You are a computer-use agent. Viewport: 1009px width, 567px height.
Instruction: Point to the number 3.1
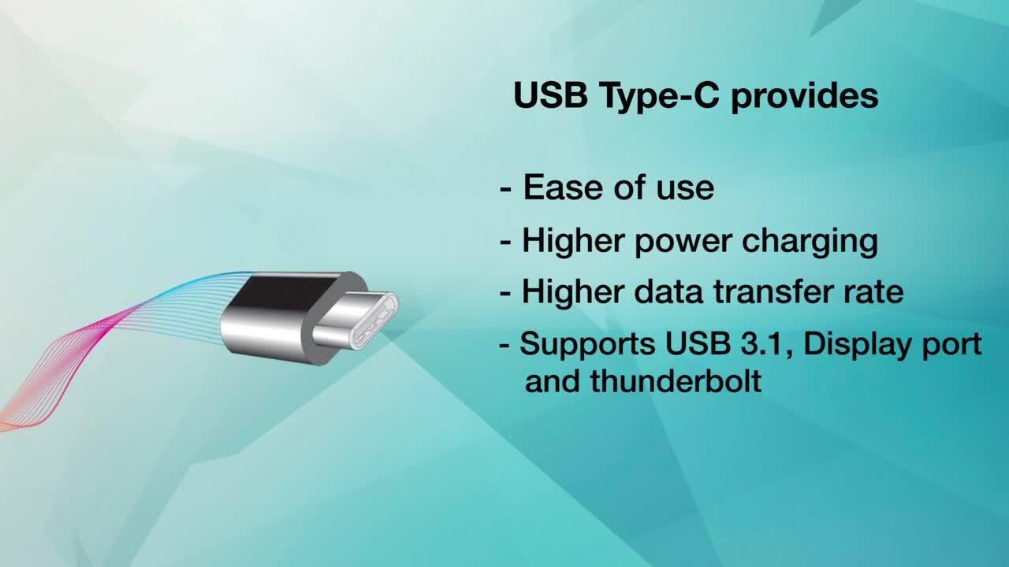click(770, 344)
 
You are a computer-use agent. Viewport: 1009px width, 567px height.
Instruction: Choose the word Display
click(862, 345)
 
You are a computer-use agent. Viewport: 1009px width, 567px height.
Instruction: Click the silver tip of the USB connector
click(359, 319)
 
